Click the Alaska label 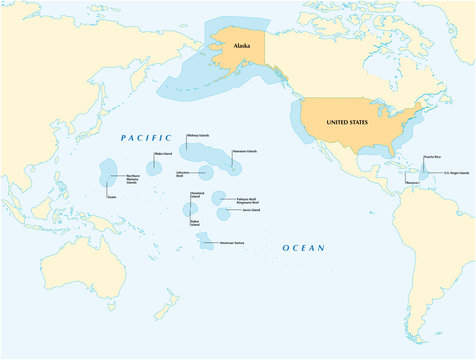pos(241,46)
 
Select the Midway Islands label pos(198,135)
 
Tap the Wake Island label pos(162,154)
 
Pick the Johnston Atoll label pos(188,173)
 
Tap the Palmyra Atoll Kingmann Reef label pos(250,200)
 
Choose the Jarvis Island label pos(250,211)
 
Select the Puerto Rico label pos(431,157)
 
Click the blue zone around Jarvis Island pos(223,212)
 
